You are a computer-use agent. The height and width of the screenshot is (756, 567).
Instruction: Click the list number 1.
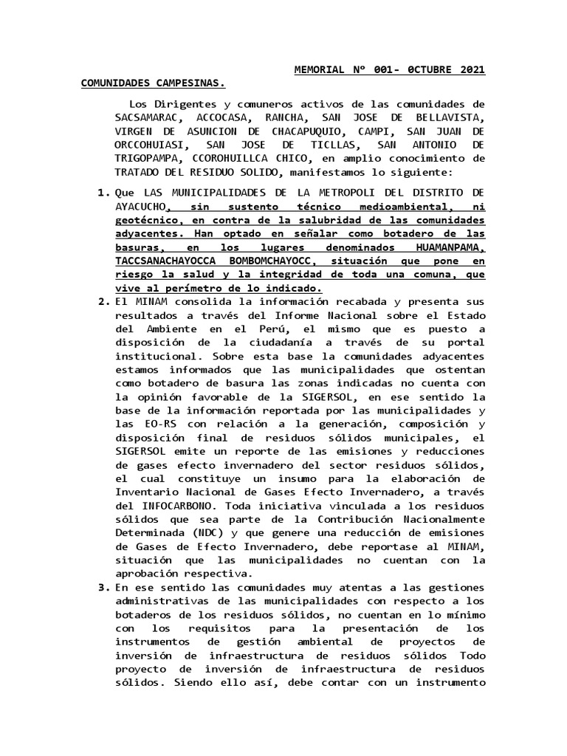[x=103, y=193]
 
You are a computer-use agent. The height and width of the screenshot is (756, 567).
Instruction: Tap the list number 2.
[x=103, y=303]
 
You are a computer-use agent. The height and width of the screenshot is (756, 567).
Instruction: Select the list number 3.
[x=103, y=588]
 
